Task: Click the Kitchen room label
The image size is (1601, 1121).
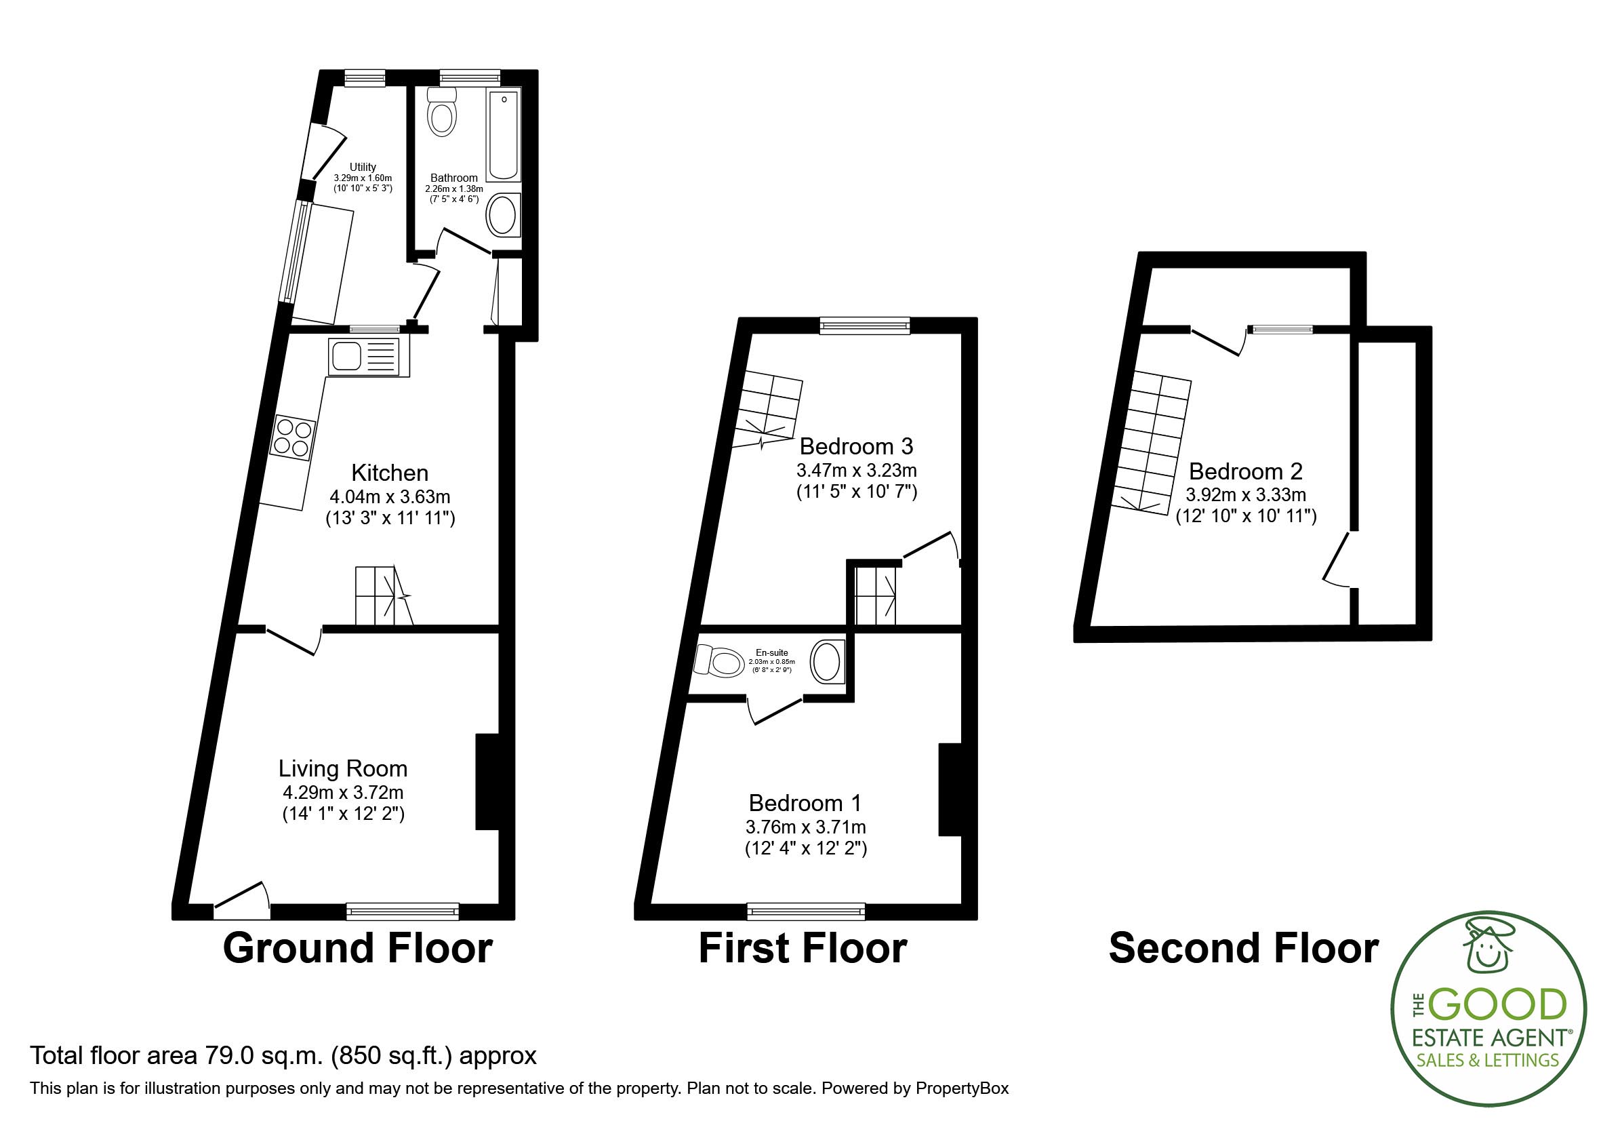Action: (x=389, y=473)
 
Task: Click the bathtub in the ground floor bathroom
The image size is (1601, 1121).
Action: (x=503, y=135)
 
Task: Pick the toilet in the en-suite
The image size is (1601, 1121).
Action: (x=719, y=661)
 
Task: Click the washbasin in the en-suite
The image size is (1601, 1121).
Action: (x=828, y=661)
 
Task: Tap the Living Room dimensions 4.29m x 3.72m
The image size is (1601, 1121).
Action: (x=342, y=793)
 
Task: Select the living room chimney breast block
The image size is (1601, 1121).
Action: (x=487, y=781)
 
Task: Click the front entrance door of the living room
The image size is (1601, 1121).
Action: (x=241, y=899)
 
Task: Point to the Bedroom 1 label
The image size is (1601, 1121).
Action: (x=805, y=803)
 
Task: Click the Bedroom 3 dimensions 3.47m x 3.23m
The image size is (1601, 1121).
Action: (x=856, y=469)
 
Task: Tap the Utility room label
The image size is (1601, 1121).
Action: (x=363, y=167)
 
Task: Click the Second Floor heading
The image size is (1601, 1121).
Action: (x=1243, y=949)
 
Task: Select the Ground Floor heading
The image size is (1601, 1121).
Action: (x=357, y=949)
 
